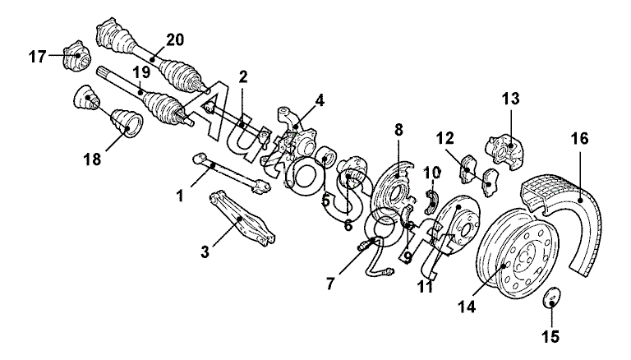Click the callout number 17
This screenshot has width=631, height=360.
pos(38,57)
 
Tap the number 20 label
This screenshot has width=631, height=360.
pos(175,40)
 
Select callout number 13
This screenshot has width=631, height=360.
pos(511,99)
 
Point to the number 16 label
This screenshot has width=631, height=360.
pos(579,138)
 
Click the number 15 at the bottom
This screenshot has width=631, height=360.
pos(550,336)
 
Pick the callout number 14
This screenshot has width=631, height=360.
pos(467,307)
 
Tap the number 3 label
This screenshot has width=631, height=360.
pos(205,252)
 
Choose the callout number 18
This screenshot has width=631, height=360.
pos(92,159)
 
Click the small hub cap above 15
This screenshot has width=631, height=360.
pos(552,298)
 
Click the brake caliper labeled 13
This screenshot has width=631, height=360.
pos(505,152)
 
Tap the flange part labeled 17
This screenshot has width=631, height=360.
pos(77,56)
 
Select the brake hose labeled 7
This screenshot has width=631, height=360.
pos(376,258)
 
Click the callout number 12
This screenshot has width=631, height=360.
pos(444,139)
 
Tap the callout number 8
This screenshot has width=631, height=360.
pos(398,130)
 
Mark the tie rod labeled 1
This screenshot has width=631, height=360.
pos(233,173)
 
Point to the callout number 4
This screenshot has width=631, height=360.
pos(319,100)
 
